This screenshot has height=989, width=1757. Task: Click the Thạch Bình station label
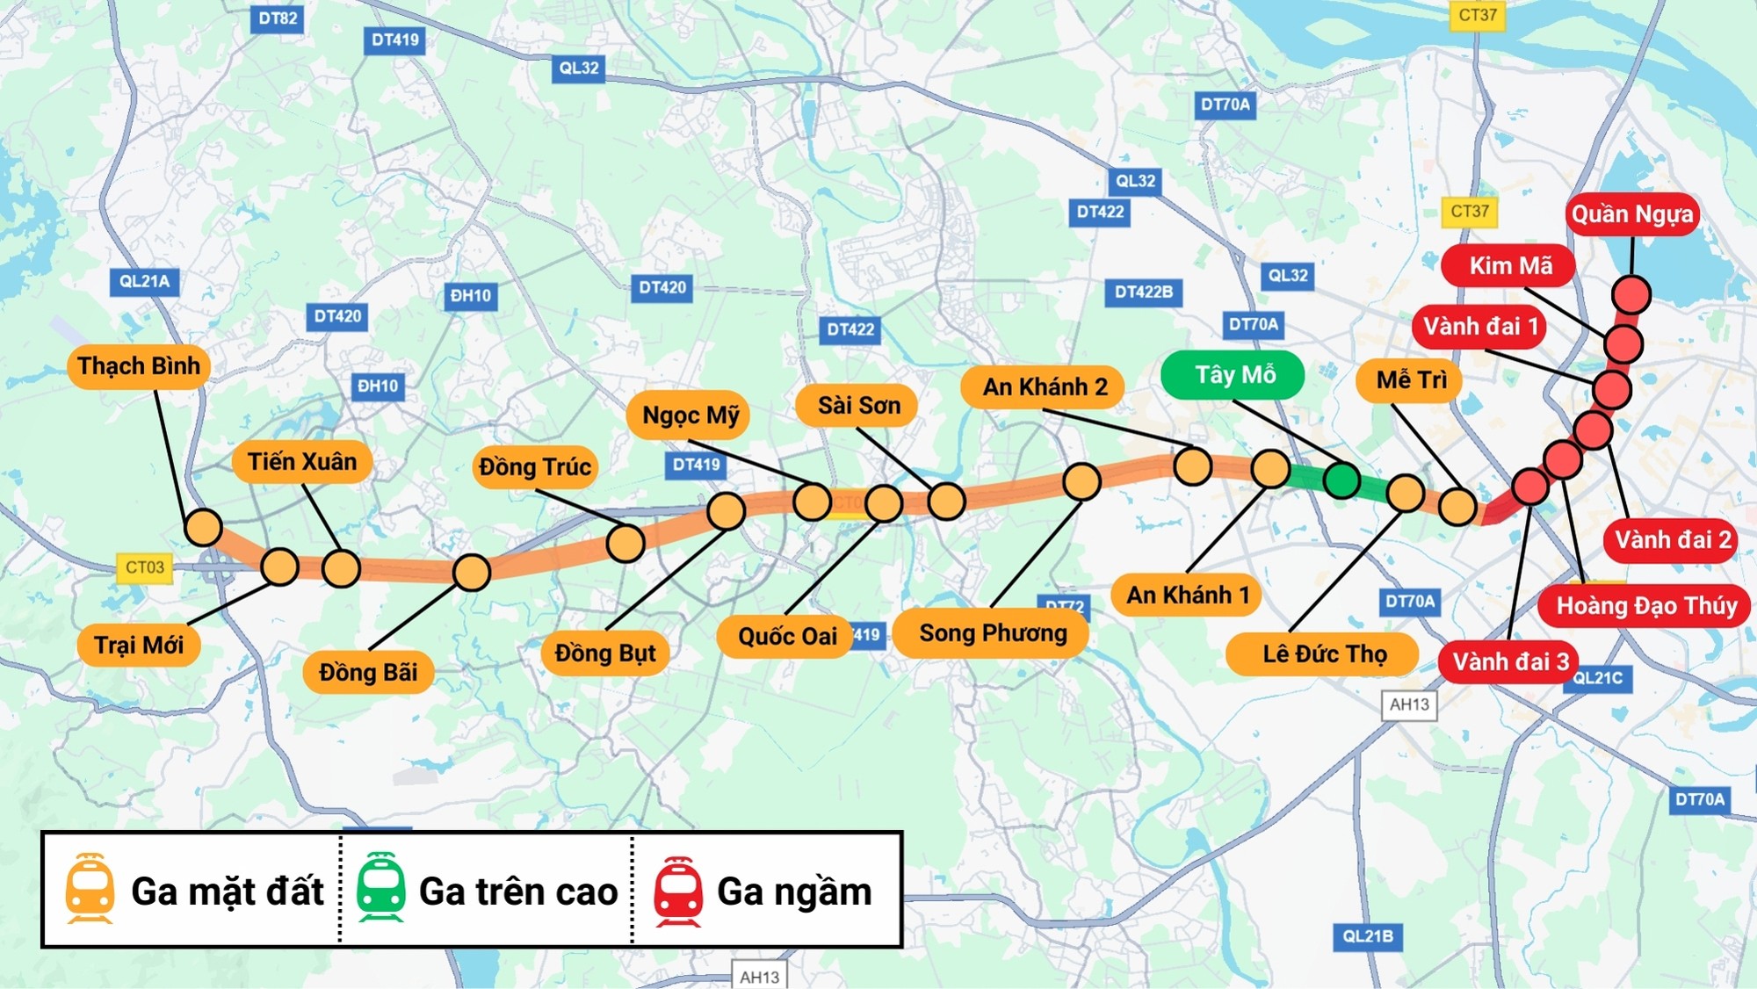(138, 366)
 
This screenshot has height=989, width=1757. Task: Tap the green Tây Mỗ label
(1233, 375)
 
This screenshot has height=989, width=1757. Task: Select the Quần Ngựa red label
(1631, 214)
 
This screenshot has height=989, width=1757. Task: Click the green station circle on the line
(1341, 480)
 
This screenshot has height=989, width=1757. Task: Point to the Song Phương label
(992, 633)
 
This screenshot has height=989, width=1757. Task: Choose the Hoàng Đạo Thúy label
(1645, 606)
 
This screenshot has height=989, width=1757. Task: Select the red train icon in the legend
(677, 891)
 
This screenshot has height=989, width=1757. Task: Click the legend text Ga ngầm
(794, 892)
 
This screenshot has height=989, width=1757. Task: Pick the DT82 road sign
(278, 18)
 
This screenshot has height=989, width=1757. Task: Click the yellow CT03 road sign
(144, 567)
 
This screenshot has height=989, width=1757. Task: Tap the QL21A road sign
(144, 281)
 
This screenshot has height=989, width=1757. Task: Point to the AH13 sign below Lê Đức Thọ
(1409, 704)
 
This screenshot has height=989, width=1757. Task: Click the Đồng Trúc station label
(534, 467)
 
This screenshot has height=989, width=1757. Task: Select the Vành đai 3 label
(1509, 661)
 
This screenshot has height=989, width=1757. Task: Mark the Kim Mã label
(1510, 265)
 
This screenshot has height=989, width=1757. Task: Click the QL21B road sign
(1367, 936)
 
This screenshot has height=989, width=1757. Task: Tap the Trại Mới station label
(138, 646)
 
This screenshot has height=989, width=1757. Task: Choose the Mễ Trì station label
(1410, 380)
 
